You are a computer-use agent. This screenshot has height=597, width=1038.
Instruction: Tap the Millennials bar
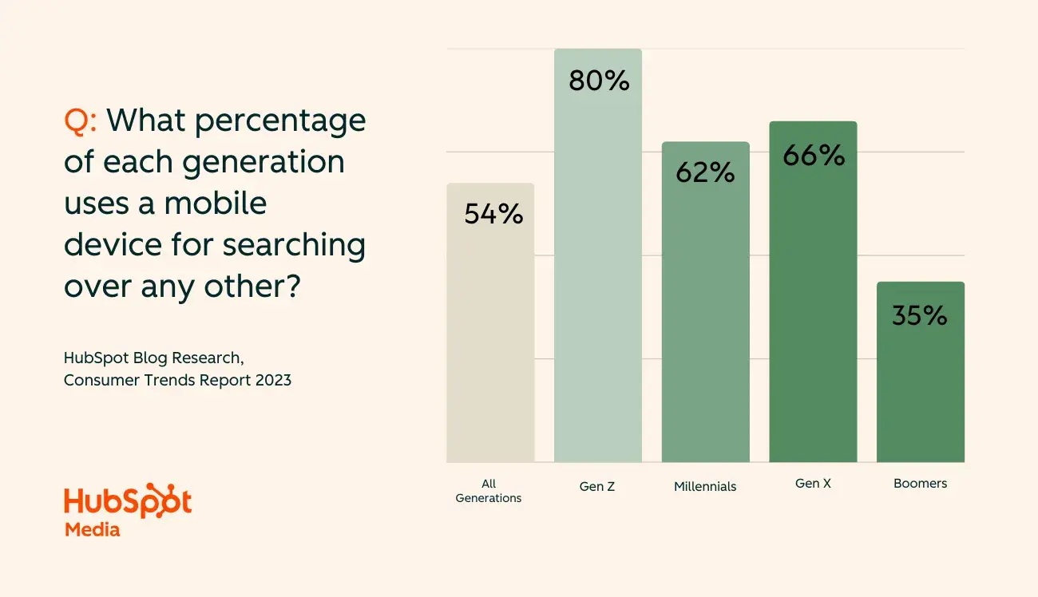705,319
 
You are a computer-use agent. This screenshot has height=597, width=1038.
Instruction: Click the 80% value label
599,81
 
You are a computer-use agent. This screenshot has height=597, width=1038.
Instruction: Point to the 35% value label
920,315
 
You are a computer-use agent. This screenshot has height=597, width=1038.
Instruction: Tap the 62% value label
705,172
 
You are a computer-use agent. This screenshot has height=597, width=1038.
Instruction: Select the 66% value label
814,156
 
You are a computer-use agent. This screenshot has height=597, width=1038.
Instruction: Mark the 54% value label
493,214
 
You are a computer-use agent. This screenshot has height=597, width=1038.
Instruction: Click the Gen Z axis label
597,486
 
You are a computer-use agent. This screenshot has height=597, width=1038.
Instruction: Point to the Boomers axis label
920,484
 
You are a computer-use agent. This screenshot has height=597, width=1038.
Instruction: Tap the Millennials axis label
705,486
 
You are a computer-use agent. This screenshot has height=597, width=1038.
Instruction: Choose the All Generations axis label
489,491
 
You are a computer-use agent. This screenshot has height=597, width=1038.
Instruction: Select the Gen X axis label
813,484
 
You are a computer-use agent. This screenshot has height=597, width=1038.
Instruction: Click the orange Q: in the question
81,121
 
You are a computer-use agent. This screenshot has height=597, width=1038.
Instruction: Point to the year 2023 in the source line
273,380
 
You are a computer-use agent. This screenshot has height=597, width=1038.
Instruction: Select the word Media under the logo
92,529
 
